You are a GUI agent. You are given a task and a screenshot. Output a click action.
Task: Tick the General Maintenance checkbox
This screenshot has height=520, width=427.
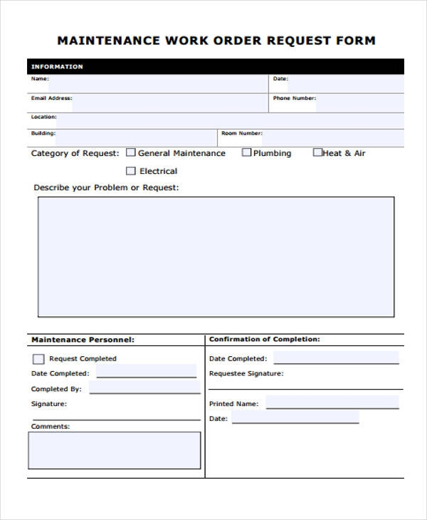point(130,152)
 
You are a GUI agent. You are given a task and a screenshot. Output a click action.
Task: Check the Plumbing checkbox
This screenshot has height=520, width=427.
point(246,152)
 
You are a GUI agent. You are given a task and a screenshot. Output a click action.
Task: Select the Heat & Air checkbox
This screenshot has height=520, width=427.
point(317,152)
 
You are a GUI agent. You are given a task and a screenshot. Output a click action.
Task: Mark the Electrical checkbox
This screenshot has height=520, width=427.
point(130,171)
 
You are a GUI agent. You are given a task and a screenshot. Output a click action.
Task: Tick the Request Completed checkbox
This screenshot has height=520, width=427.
point(38,359)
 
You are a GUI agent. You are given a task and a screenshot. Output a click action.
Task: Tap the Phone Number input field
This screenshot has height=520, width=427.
point(360,103)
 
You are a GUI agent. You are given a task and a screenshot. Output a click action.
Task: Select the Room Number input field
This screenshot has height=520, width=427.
point(333,137)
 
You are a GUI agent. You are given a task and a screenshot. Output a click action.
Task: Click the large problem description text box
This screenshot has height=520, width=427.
point(216,256)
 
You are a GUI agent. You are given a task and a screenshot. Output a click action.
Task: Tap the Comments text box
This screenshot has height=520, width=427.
point(114,450)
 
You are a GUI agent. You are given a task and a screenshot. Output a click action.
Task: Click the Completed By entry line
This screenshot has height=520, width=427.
point(144,388)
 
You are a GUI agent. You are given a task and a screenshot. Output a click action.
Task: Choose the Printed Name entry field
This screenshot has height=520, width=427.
point(332,403)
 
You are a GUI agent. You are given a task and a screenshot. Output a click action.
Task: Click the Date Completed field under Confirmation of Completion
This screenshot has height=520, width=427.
point(336,358)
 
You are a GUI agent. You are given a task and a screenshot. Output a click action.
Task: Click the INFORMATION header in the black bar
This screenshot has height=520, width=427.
point(57,67)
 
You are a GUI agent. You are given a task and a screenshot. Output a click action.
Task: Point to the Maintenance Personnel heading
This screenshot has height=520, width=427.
point(83,340)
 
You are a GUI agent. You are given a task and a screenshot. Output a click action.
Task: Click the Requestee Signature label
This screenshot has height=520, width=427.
point(246,374)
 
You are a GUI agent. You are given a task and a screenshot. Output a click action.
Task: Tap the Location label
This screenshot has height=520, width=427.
point(43,116)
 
